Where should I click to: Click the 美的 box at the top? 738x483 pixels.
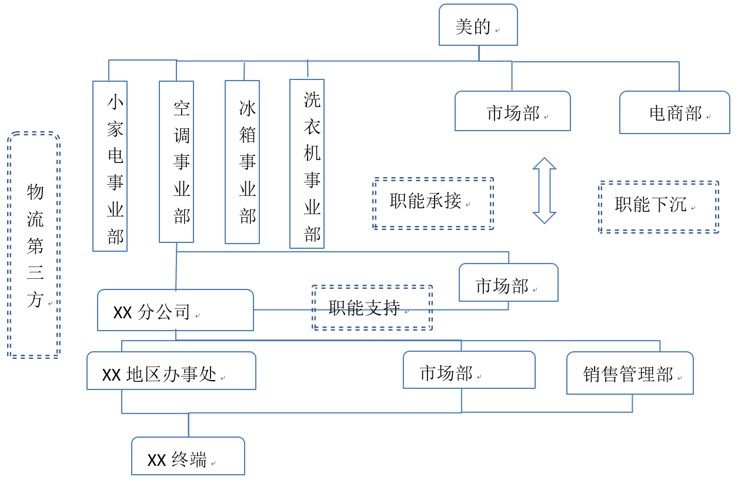478,25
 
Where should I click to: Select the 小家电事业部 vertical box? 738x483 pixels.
110,166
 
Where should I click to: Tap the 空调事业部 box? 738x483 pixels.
176,162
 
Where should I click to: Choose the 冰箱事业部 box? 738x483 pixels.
242,162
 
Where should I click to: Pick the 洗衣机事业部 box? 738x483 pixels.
307,164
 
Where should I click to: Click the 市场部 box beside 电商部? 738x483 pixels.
512,111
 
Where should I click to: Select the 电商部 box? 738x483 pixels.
674,112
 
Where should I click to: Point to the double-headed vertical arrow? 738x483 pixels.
545,191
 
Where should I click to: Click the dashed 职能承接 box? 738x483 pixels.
433,203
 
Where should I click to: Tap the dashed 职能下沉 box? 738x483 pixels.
659,207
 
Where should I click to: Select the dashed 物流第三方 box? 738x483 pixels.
34,245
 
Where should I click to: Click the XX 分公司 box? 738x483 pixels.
175,310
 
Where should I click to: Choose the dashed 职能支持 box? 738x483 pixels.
372,308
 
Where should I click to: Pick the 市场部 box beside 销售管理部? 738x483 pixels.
469,370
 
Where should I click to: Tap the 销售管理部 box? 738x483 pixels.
630,373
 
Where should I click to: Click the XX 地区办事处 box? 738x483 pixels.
171,371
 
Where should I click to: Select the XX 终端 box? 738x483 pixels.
188,456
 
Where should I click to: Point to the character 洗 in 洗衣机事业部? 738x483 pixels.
312,99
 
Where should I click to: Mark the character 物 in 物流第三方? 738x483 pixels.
35,192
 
